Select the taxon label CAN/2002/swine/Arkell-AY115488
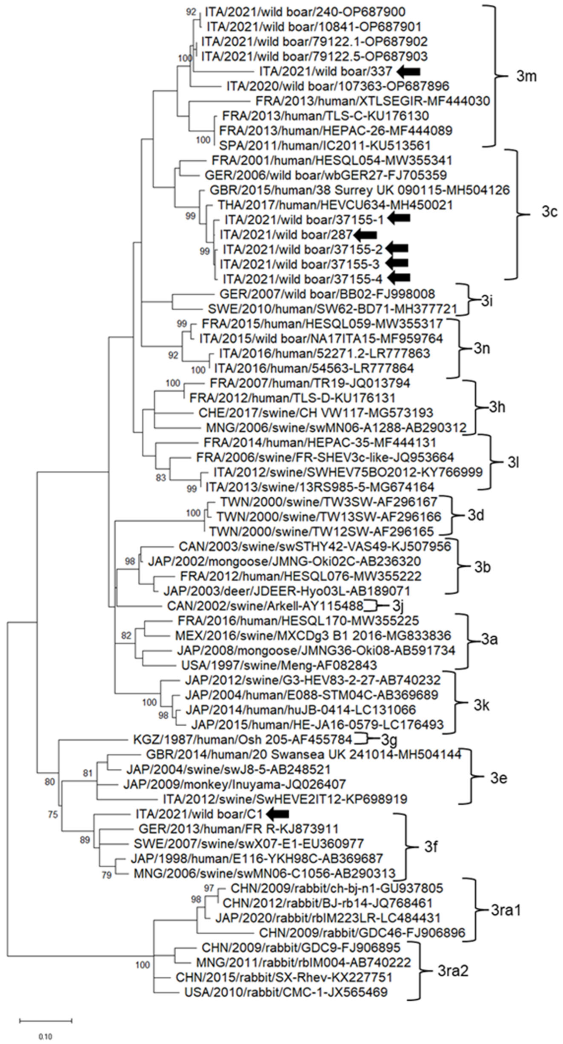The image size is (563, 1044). [x=265, y=606]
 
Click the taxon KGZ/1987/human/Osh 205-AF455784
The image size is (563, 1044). [x=242, y=740]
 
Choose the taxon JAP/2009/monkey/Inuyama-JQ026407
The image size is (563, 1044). [x=234, y=784]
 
